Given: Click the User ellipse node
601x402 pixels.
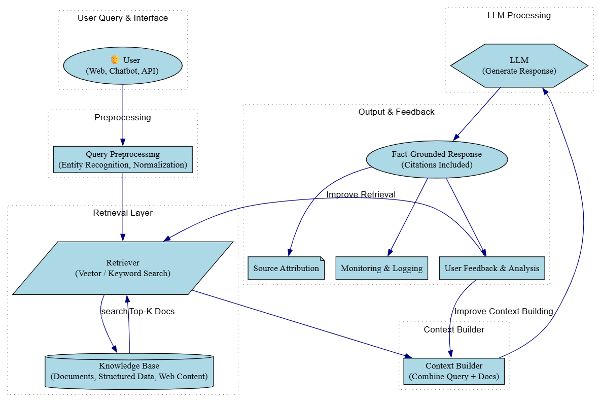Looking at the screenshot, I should coord(122,66).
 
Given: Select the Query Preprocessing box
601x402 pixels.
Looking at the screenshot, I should coord(122,159).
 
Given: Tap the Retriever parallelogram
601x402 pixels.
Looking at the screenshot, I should coord(122,268).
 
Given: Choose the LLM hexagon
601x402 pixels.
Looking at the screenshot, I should coord(519,66).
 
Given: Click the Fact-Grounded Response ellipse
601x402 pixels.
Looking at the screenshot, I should coord(436,159).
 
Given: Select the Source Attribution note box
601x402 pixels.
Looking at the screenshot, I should coord(286,269).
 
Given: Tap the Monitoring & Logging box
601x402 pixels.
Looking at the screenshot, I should coord(381,269).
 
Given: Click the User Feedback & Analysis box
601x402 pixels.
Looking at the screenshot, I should coord(491,269).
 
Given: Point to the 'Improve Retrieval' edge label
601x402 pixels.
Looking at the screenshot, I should coord(361,194).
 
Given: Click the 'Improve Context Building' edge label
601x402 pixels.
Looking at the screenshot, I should coord(503,311).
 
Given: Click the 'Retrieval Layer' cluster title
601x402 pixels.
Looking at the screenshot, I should coord(123,213).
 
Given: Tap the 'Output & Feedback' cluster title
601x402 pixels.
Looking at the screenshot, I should coord(396,112).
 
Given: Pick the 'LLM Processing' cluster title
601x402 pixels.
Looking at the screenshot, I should coord(519,15).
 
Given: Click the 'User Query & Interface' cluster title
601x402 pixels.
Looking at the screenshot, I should coord(123,18).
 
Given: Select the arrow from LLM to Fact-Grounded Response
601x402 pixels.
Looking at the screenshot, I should coord(477,113).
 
